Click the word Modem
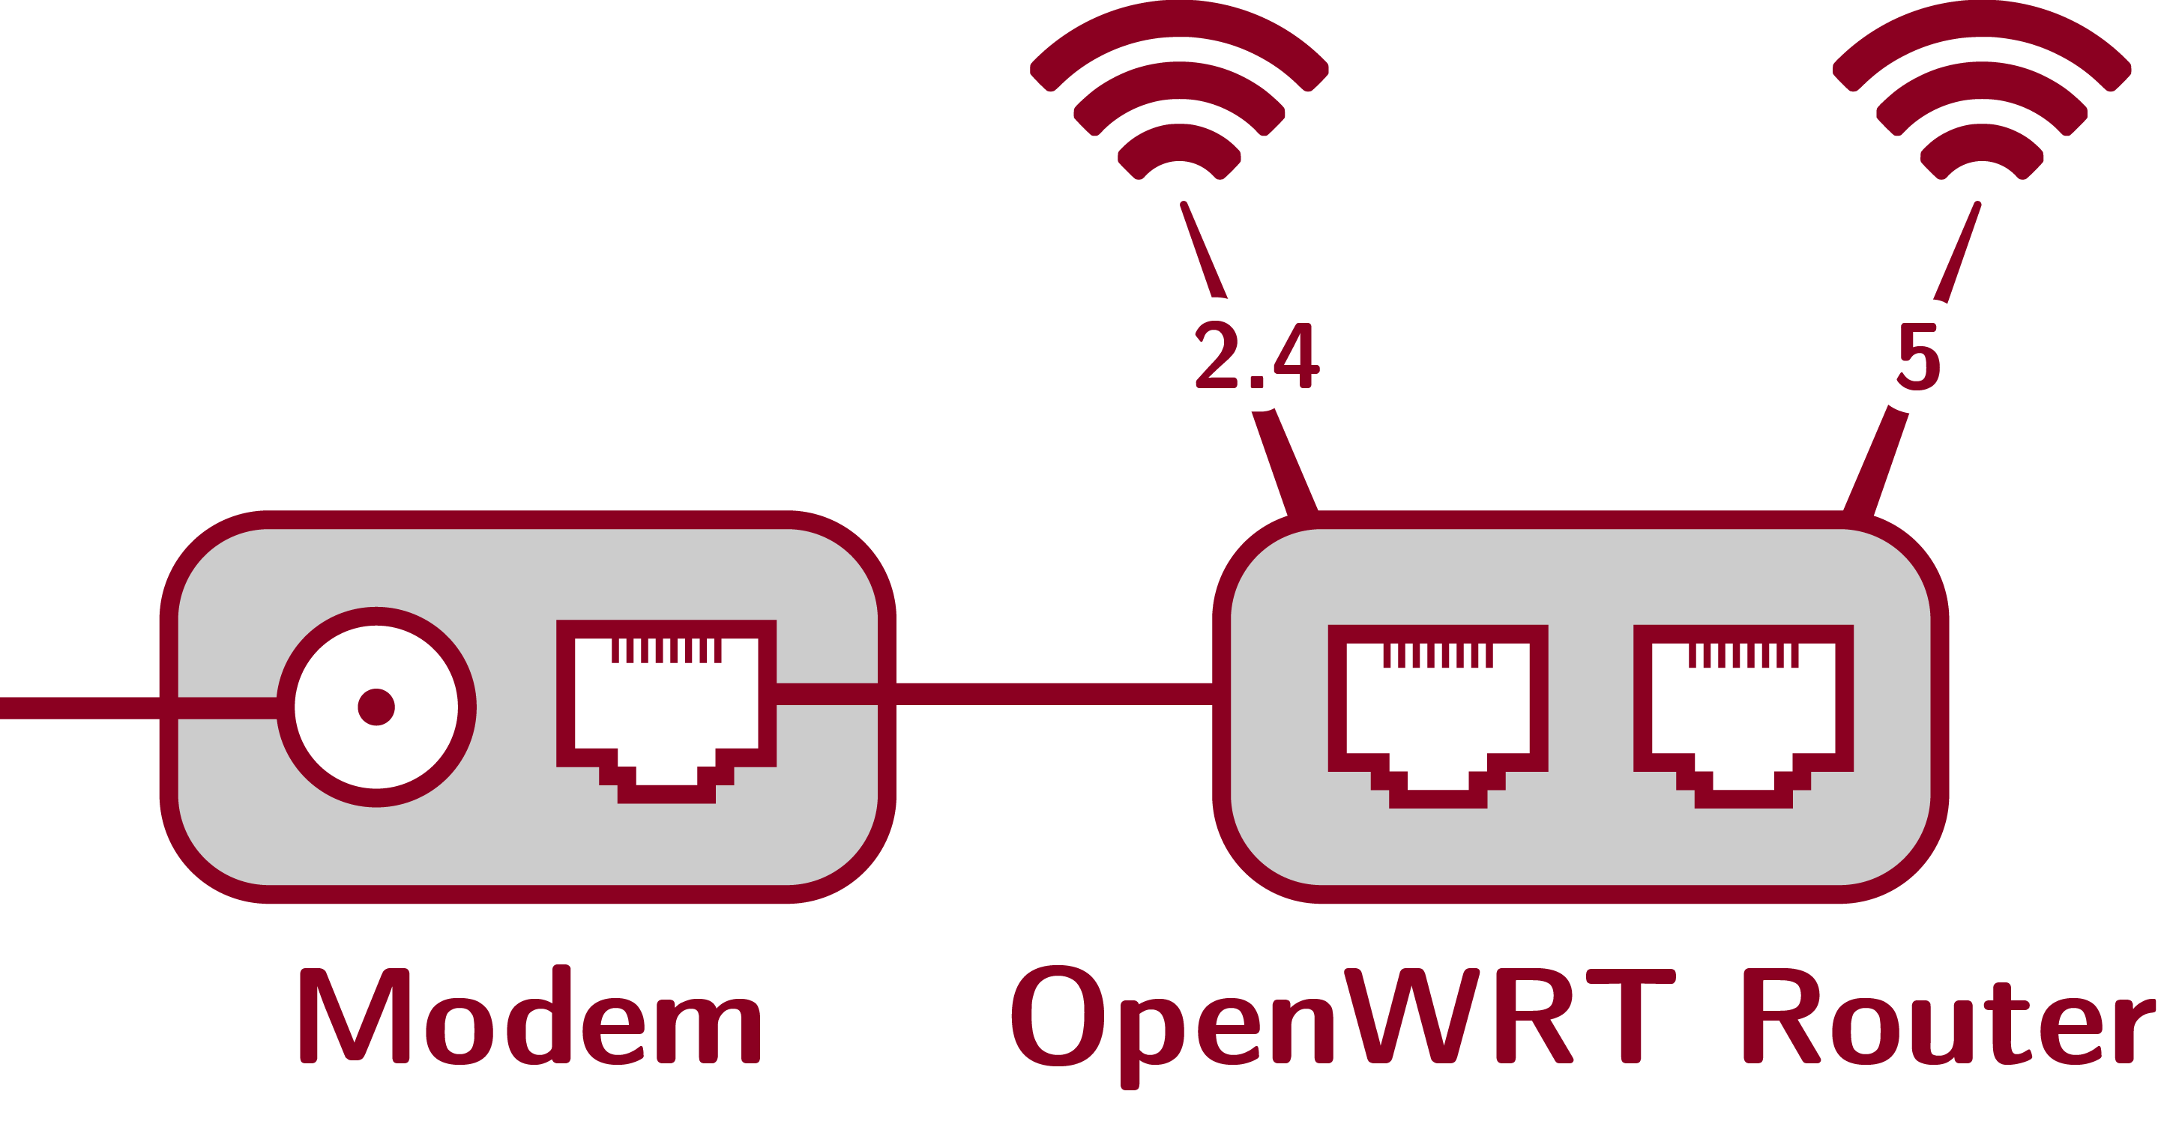[529, 1016]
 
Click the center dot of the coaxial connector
[376, 707]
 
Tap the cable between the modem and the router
[1054, 693]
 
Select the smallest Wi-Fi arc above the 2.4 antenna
[1180, 141]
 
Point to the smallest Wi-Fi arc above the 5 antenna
[1982, 141]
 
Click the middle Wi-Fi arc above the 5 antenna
[1982, 80]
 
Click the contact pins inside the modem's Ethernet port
[666, 650]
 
